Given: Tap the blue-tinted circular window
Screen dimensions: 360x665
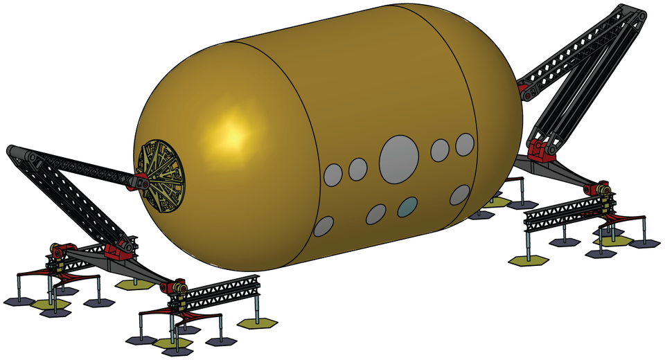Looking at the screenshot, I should [408, 206].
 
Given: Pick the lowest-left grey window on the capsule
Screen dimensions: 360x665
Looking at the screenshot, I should [323, 226].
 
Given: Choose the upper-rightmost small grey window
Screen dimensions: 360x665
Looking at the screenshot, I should [465, 144].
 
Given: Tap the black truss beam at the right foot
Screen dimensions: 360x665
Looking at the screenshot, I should [568, 211].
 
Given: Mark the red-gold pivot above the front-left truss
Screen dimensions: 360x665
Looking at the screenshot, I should [176, 286].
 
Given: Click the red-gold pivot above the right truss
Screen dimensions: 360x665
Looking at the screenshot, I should [600, 188].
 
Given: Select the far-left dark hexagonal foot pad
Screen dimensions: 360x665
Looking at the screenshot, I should [18, 301].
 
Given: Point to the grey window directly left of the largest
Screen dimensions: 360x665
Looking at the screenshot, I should [357, 168].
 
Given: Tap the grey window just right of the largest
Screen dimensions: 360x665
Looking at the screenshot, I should [440, 150].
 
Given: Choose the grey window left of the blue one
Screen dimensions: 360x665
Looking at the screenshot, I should [376, 215].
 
